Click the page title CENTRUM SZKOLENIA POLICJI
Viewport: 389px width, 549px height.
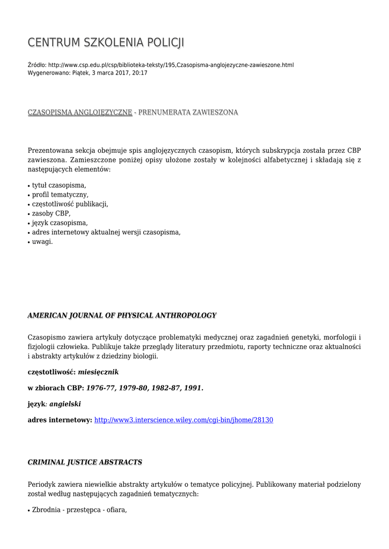click(106, 43)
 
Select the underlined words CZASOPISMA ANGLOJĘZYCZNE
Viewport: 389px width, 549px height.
click(80, 113)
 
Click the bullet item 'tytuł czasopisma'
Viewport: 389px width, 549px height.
click(58, 185)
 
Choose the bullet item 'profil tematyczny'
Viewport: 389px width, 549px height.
click(60, 195)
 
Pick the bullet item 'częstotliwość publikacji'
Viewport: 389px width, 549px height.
click(70, 204)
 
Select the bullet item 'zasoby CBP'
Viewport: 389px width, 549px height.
click(51, 213)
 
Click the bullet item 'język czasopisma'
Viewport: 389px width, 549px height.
click(60, 223)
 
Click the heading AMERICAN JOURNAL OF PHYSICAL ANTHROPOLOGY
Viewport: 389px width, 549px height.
click(122, 316)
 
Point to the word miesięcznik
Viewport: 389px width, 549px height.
click(98, 372)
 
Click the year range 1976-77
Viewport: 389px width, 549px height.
click(101, 388)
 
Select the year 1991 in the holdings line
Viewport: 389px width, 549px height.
click(193, 388)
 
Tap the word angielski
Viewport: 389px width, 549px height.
click(65, 404)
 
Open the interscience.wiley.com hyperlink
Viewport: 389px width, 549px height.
click(184, 420)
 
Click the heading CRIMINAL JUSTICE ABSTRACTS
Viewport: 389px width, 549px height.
click(85, 462)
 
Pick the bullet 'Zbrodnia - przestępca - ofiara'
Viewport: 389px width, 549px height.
click(79, 510)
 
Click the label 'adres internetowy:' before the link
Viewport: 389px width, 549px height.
click(60, 420)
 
